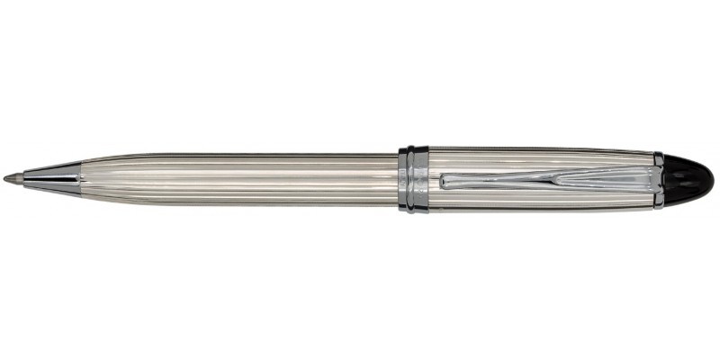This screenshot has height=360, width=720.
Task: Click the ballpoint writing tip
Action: coord(8,179)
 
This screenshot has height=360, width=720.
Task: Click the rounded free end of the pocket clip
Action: coord(446,180)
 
